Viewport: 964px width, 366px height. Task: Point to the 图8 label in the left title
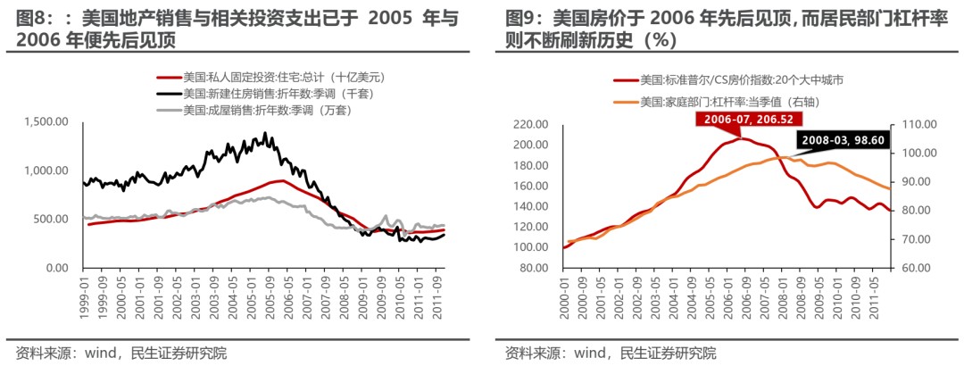[x=32, y=17]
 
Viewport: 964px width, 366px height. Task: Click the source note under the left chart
[x=121, y=352]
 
